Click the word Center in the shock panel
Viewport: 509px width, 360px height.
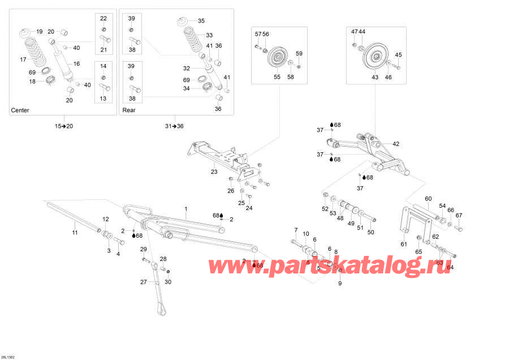(20, 110)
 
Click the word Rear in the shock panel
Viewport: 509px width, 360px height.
(129, 110)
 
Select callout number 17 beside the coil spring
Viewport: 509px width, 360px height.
(23, 59)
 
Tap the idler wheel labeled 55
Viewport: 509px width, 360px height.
(278, 58)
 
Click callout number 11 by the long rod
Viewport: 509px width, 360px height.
(74, 233)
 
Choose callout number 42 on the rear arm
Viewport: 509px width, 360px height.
(396, 144)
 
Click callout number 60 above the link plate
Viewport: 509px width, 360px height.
(428, 198)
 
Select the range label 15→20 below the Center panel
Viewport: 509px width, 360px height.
(64, 126)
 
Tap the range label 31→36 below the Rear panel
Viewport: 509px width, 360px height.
(174, 126)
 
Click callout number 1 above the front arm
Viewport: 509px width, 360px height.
(186, 209)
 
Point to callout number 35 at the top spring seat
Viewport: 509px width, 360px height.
(201, 20)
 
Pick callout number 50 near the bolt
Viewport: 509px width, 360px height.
(371, 232)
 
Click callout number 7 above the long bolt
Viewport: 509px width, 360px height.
(295, 229)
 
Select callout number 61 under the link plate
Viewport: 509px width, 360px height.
(404, 244)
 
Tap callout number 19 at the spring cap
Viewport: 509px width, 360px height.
(39, 31)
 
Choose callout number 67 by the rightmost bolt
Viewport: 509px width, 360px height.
(459, 215)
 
